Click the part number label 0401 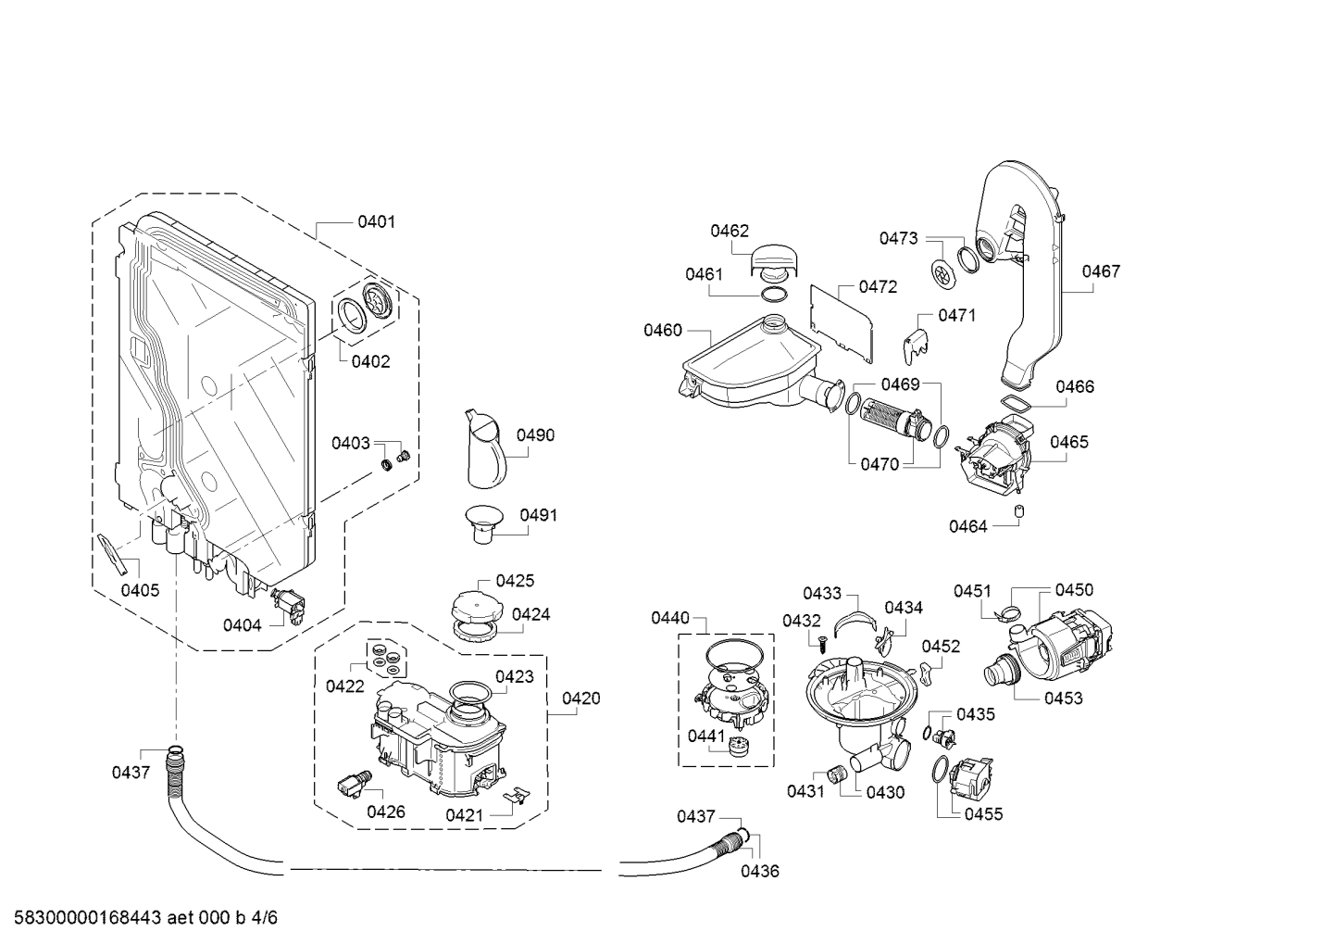click(x=376, y=221)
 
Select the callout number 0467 click(x=1101, y=271)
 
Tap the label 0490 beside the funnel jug click(x=535, y=435)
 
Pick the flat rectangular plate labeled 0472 click(x=842, y=323)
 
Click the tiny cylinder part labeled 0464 click(x=1019, y=511)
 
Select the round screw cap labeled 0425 click(x=478, y=606)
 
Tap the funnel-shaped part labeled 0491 click(x=482, y=523)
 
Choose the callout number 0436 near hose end click(x=760, y=871)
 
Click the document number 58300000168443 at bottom click(x=88, y=917)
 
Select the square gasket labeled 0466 click(x=1016, y=403)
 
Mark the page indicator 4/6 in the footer click(x=265, y=917)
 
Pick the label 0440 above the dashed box click(x=670, y=618)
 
